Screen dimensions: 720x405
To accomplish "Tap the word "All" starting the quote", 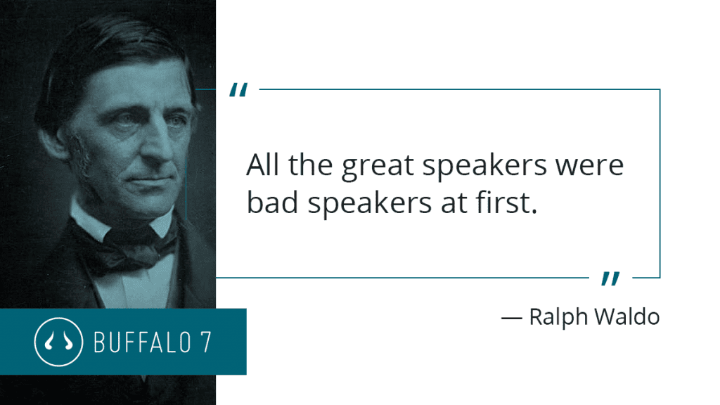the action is (x=262, y=165).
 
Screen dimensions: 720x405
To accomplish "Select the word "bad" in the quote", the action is (x=272, y=202).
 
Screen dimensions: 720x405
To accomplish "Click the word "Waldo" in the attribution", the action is (x=627, y=316).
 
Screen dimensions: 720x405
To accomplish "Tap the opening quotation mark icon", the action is (x=239, y=89).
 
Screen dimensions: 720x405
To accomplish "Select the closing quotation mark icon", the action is (x=611, y=278).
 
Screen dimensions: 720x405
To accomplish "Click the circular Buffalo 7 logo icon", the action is (x=58, y=342).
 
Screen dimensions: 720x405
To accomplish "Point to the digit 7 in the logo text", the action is (x=206, y=342).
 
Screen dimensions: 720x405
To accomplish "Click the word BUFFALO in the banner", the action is (x=142, y=342).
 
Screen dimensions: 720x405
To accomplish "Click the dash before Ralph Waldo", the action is (x=512, y=317).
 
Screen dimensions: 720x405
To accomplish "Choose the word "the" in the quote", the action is (x=310, y=165).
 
